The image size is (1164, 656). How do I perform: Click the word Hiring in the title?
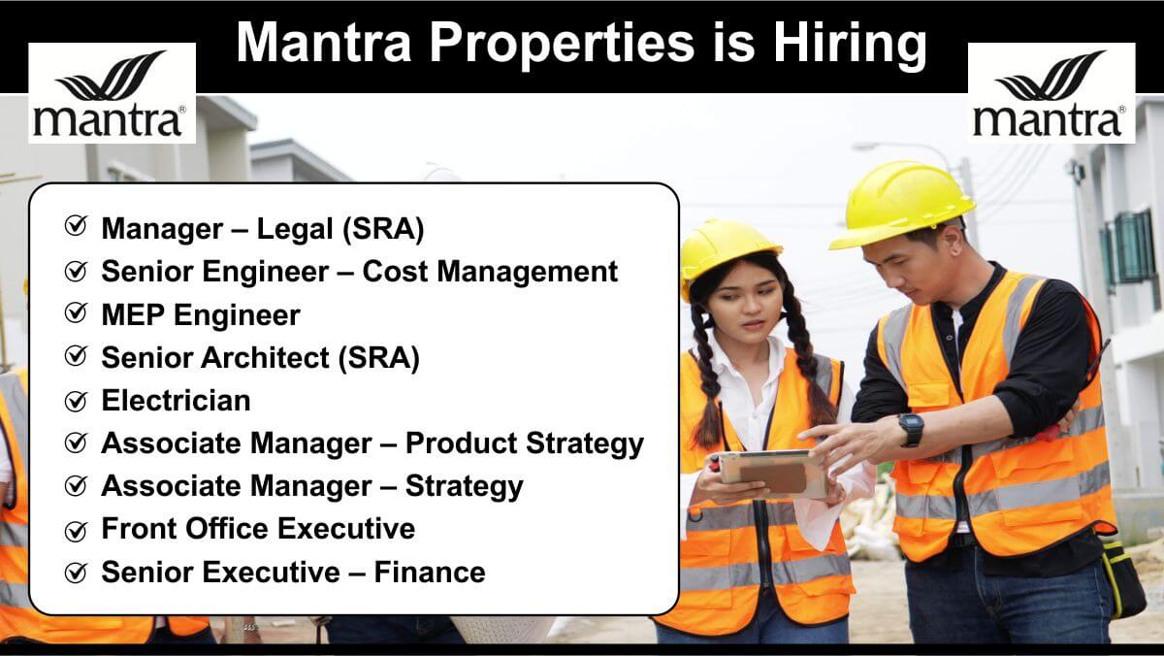(x=850, y=45)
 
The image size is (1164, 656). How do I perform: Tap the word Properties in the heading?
(x=562, y=45)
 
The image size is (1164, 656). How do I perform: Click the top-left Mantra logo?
(x=112, y=93)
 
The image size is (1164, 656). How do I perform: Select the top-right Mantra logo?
(x=1051, y=93)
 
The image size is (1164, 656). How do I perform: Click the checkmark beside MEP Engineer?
(x=76, y=312)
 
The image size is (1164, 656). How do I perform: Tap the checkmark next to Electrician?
(x=76, y=400)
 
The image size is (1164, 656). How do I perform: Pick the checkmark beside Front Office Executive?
(x=76, y=530)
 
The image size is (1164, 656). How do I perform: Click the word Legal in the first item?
(x=295, y=229)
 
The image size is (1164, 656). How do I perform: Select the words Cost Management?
(x=490, y=272)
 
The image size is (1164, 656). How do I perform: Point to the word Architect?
(x=265, y=357)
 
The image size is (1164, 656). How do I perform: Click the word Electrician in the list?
(x=176, y=400)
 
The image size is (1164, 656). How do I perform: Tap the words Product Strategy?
(x=525, y=443)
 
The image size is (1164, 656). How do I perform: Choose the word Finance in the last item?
(x=430, y=572)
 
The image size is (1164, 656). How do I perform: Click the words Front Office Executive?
(x=258, y=529)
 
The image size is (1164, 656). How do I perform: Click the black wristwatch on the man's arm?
(x=912, y=429)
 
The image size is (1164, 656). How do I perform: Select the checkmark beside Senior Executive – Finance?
(x=76, y=573)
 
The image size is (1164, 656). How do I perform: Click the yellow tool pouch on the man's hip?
(x=1122, y=578)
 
